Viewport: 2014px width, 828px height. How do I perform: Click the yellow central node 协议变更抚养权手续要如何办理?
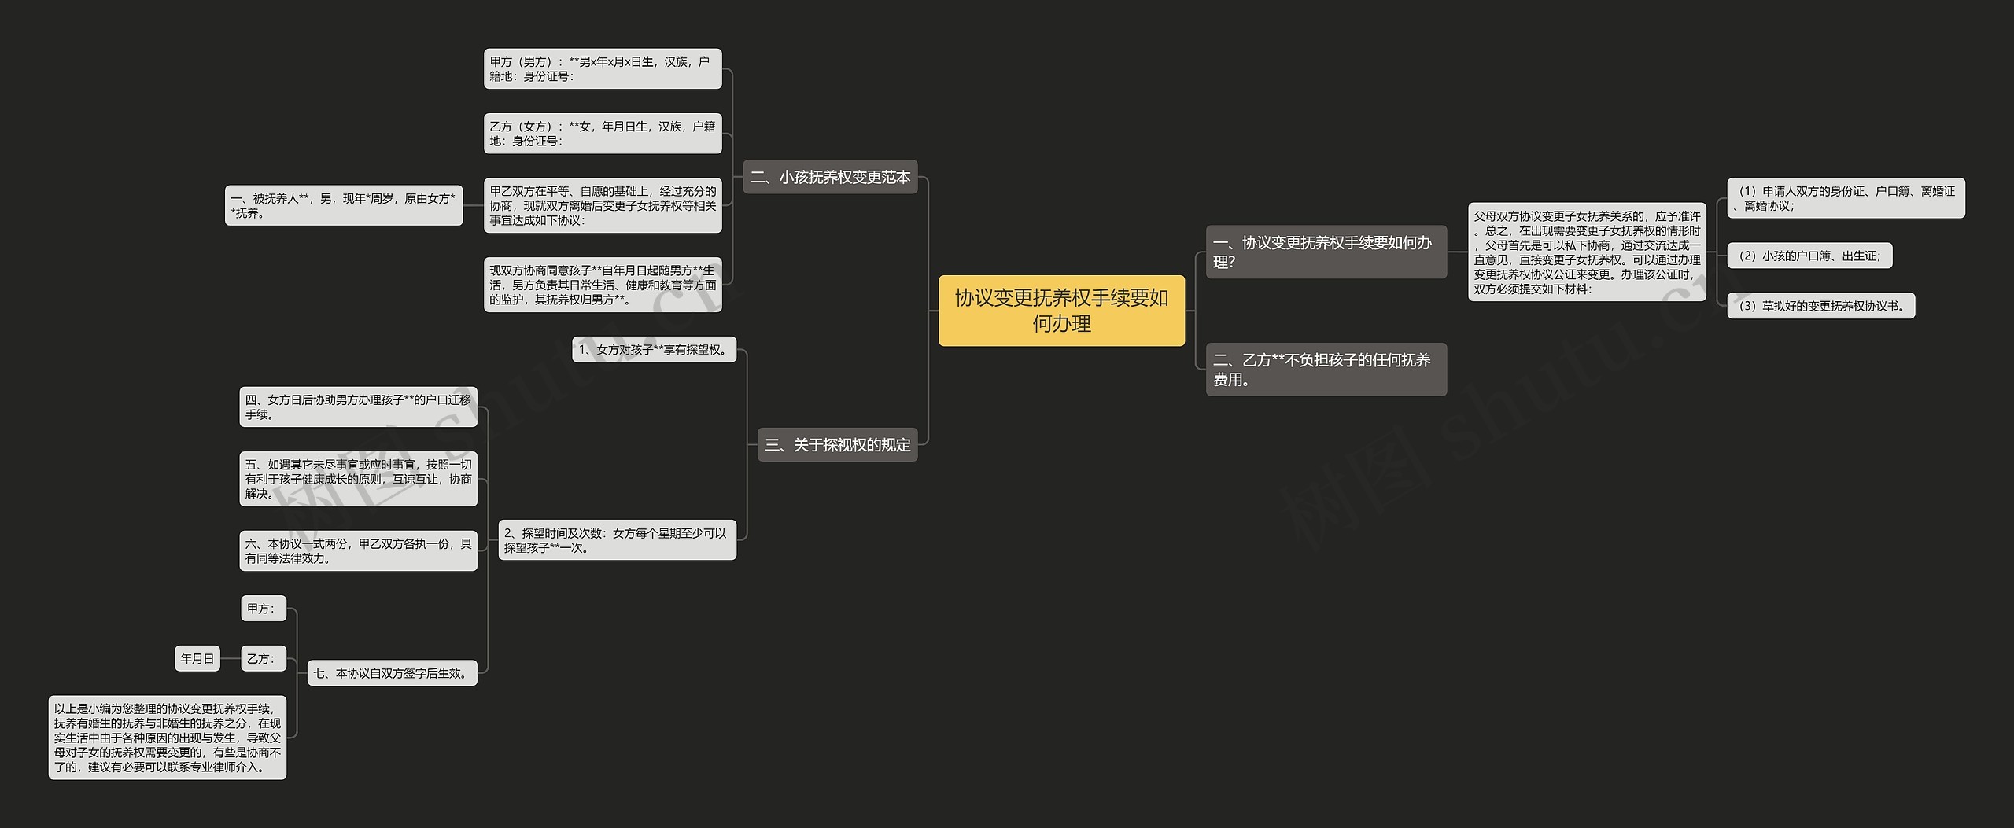point(1060,311)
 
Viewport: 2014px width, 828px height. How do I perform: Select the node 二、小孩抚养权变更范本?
point(830,177)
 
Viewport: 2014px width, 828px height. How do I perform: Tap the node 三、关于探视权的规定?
point(837,445)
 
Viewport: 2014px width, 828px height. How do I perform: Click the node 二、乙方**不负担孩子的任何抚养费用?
point(1326,370)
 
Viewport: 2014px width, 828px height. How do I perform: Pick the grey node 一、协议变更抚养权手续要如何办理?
point(1326,252)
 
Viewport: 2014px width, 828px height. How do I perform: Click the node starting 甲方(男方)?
point(602,68)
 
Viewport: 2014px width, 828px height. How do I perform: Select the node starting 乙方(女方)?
point(602,133)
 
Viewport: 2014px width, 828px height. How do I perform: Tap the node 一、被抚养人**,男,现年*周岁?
point(343,205)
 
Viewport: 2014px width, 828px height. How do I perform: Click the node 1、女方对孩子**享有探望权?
point(654,350)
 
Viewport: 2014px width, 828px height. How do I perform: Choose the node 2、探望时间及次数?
point(617,540)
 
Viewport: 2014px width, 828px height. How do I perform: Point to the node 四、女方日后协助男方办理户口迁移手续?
point(358,407)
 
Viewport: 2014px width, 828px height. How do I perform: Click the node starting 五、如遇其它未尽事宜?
point(358,479)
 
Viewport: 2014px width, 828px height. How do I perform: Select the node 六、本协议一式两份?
point(358,550)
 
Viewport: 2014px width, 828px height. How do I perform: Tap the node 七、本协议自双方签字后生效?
point(392,673)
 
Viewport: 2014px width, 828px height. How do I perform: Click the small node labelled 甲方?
point(262,608)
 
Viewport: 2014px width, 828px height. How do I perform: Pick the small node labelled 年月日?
point(197,659)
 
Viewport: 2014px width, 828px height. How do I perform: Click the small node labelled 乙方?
point(262,659)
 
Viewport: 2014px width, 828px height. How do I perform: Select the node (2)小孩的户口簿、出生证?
point(1809,256)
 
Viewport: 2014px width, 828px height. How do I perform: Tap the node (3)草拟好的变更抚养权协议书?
point(1820,306)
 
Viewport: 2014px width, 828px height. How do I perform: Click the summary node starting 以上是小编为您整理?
point(167,738)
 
